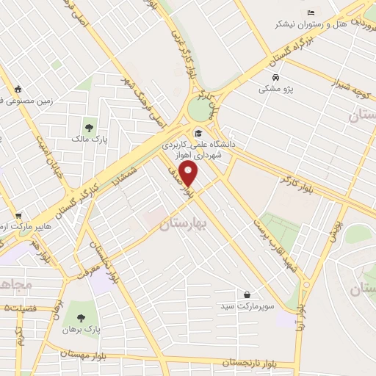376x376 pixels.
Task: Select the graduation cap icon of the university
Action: point(198,133)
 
